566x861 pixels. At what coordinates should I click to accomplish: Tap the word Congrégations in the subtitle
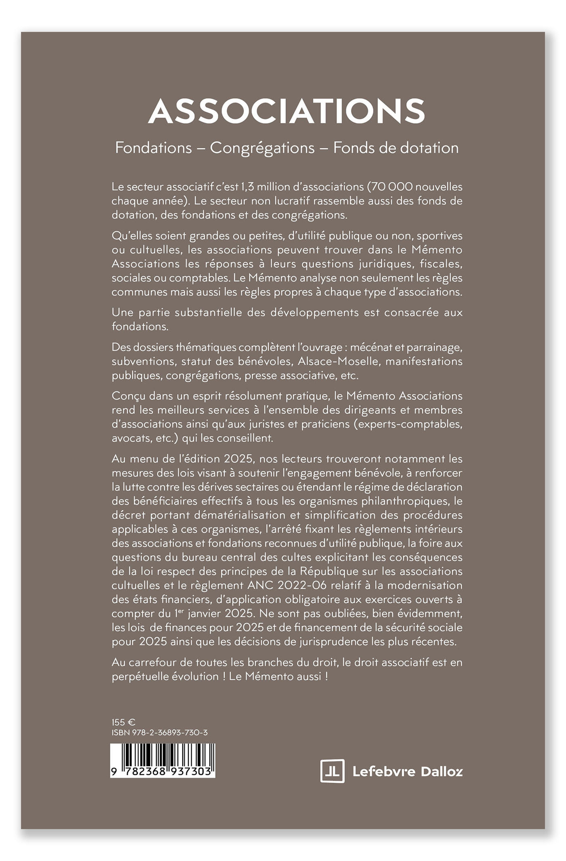coord(262,148)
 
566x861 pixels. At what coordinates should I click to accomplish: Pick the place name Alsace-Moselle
coord(339,361)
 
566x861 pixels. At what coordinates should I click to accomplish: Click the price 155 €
coord(123,722)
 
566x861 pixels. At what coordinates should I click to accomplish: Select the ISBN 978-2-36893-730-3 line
coord(160,733)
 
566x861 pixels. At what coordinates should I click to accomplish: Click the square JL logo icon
coord(332,771)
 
